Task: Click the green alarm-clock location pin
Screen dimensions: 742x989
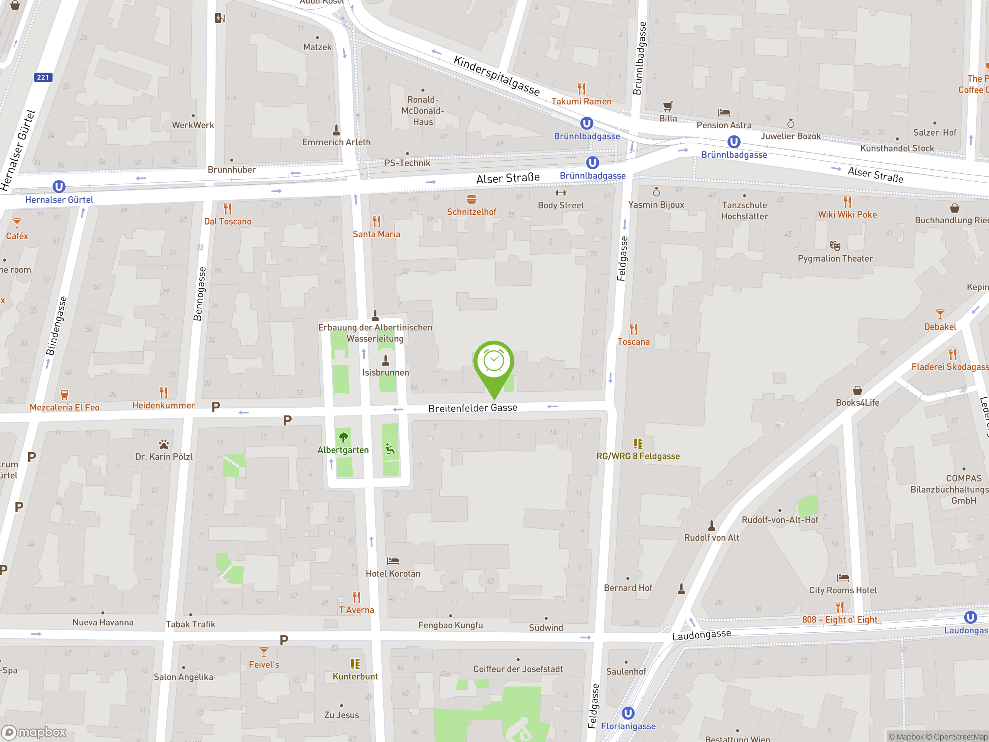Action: coord(494,362)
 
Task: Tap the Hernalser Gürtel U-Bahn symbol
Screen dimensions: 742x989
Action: coord(59,186)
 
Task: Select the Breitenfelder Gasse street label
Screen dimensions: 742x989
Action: coord(472,408)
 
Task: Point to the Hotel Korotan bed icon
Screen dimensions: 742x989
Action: coord(393,561)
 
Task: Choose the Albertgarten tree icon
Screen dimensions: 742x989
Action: coord(343,437)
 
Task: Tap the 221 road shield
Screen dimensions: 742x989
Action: coord(43,77)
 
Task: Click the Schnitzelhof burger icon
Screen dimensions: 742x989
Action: coord(471,199)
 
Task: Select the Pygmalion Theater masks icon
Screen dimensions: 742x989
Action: coord(835,245)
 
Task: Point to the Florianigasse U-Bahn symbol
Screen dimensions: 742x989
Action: coord(628,713)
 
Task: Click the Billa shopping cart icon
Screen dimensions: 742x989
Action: coord(668,106)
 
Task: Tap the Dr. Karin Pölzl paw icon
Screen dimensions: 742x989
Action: coord(164,444)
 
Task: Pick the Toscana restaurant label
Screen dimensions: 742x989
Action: coord(633,342)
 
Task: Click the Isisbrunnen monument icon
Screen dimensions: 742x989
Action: coord(386,360)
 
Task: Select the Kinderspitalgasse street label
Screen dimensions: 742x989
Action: coord(496,75)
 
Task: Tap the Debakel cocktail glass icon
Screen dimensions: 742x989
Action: coord(940,314)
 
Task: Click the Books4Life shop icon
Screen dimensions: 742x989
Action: coord(857,390)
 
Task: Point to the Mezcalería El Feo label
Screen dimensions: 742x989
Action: coord(65,407)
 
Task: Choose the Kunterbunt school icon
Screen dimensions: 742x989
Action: coord(355,664)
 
